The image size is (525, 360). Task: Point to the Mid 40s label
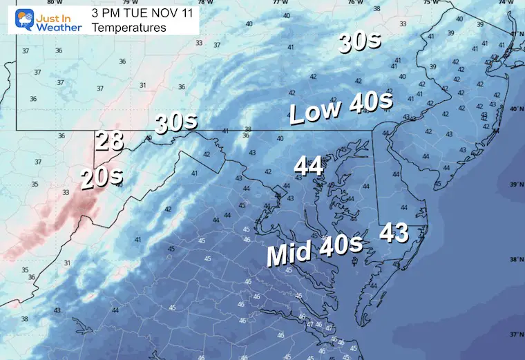[315, 250]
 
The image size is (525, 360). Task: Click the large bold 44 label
[309, 166]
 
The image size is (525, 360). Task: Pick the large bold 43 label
[396, 233]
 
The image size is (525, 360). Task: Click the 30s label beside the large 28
[176, 123]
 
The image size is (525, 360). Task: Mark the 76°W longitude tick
[354, 3]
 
